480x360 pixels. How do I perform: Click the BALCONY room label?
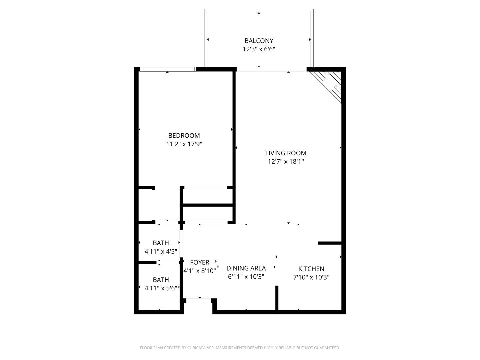pos(259,41)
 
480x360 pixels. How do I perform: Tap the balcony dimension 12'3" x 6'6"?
pos(259,49)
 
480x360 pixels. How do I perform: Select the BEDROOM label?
pos(184,135)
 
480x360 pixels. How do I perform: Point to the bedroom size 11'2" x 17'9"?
pos(184,144)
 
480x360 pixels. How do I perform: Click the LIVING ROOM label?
pos(286,153)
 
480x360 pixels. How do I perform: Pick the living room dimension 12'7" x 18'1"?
pos(286,162)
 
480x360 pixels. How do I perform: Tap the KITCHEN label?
pos(311,269)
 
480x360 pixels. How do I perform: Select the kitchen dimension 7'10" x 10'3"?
pos(311,277)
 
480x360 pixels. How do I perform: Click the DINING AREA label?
pos(246,268)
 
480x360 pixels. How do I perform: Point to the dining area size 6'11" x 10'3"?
pos(246,276)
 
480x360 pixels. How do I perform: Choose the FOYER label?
pos(200,262)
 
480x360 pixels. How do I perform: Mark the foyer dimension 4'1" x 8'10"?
pos(200,271)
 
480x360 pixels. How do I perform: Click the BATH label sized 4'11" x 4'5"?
pos(161,243)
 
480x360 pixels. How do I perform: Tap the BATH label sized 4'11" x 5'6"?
pos(161,280)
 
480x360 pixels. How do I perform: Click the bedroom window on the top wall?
pos(168,69)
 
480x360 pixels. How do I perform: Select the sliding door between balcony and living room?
pos(271,69)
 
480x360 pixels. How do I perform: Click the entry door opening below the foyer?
pos(199,301)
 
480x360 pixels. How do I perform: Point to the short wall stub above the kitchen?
pos(330,243)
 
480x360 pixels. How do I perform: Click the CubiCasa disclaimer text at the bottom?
pos(240,348)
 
